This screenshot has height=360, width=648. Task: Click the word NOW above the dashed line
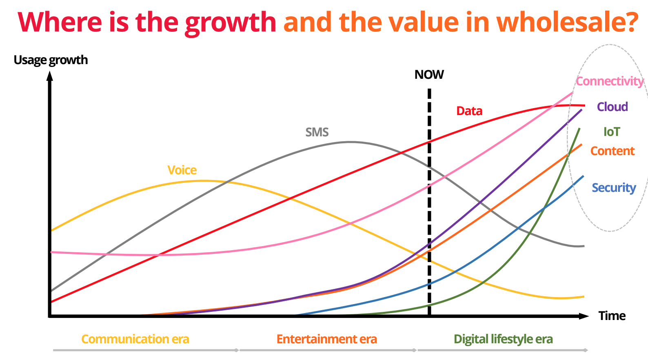point(429,75)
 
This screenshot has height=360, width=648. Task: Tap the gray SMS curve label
point(317,132)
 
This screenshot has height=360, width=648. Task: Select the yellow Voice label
point(182,170)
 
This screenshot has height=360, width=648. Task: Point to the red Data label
point(469,111)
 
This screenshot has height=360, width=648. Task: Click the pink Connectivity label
point(609,81)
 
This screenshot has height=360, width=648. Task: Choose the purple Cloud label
point(612,107)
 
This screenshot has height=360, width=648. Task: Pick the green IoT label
point(612,132)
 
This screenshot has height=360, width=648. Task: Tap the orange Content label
point(612,151)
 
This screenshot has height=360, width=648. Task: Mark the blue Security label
point(614,188)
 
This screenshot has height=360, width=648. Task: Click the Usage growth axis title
point(51,60)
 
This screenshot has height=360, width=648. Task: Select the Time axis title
point(612,316)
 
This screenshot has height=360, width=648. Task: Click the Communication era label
point(135,339)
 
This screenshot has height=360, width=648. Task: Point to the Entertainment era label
point(326,339)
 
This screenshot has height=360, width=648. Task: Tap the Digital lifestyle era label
point(503,339)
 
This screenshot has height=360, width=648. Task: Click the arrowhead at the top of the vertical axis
point(50,76)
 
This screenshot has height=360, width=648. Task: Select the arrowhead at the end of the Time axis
point(584,316)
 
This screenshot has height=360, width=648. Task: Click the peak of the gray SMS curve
point(350,142)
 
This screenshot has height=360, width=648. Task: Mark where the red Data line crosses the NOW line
point(429,142)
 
